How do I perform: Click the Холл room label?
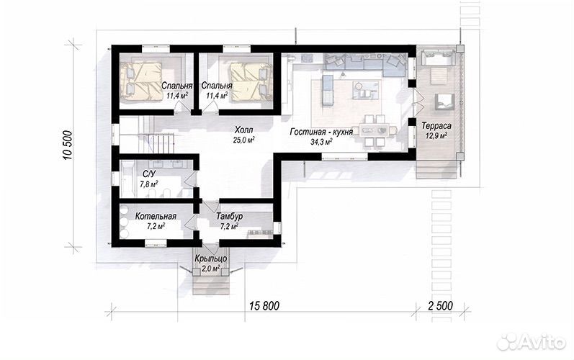(x=244, y=130)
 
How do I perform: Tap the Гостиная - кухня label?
(x=321, y=132)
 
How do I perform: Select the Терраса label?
(x=436, y=125)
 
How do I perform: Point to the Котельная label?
(x=156, y=216)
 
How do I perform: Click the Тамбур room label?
(x=229, y=216)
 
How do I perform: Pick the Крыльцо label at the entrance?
(x=211, y=258)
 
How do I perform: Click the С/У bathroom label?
(x=148, y=174)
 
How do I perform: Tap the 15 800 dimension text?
(x=264, y=306)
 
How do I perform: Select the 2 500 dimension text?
(x=440, y=306)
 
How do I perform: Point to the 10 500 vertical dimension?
(x=68, y=145)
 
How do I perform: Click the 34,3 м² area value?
(x=321, y=142)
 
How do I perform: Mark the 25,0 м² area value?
(x=244, y=140)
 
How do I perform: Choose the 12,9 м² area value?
(x=436, y=135)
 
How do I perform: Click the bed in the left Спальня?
(x=142, y=81)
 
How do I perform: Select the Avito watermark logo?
(x=532, y=341)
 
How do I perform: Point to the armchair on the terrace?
(x=444, y=102)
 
